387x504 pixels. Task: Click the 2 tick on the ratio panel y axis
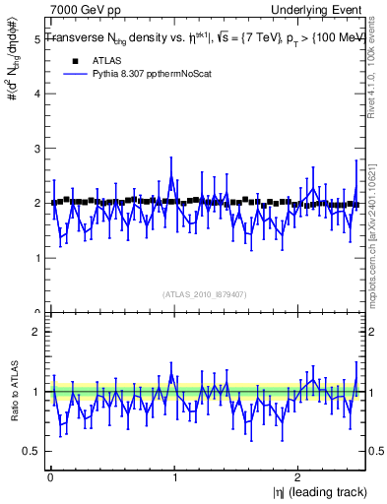point(35,332)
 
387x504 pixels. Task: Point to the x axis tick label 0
point(49,477)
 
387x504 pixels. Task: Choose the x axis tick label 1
point(173,477)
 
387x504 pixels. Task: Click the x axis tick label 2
point(297,477)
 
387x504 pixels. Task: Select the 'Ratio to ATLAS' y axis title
point(13,391)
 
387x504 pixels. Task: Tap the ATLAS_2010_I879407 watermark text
point(204,292)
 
